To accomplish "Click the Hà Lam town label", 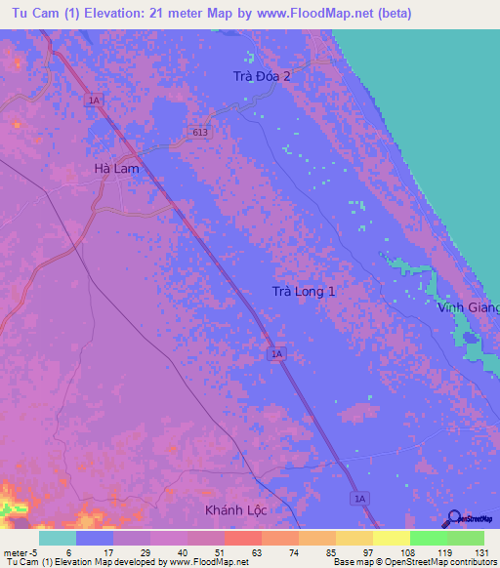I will pyautogui.click(x=116, y=168).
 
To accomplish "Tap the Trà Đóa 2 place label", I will pyautogui.click(x=262, y=75).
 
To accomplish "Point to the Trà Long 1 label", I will pyautogui.click(x=304, y=292).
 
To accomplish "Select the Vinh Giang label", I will pyautogui.click(x=469, y=307).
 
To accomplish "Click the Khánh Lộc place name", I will pyautogui.click(x=235, y=510).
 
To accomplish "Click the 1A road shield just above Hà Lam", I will pyautogui.click(x=94, y=100).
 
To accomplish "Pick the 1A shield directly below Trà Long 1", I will pyautogui.click(x=276, y=354).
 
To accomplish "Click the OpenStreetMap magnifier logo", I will pyautogui.click(x=455, y=519).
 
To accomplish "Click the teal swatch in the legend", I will pyautogui.click(x=57, y=538).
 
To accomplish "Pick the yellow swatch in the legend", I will pyautogui.click(x=391, y=538).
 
